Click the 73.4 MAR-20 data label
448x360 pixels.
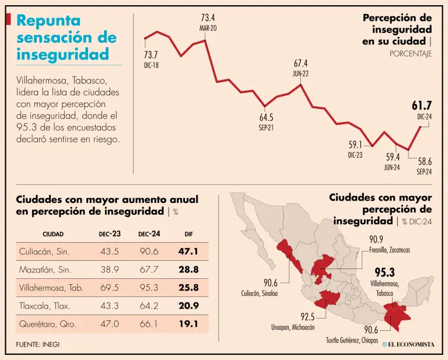pyautogui.click(x=208, y=22)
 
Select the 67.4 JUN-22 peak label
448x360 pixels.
pyautogui.click(x=300, y=68)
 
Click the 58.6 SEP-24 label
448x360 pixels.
pyautogui.click(x=424, y=165)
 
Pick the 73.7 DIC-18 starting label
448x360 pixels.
pyautogui.click(x=151, y=60)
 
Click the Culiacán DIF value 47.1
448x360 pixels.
pyautogui.click(x=188, y=251)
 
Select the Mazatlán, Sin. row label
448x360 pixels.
pyautogui.click(x=45, y=270)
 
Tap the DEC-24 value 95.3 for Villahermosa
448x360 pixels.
pyautogui.click(x=149, y=287)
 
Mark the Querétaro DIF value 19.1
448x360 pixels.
pyautogui.click(x=188, y=323)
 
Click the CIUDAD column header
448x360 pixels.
pyautogui.click(x=53, y=234)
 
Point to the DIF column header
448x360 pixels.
pyautogui.click(x=188, y=234)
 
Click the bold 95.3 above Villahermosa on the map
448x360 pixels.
pyautogui.click(x=384, y=272)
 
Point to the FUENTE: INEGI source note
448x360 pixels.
pyautogui.click(x=38, y=344)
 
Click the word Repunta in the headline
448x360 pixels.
pyautogui.click(x=48, y=21)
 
